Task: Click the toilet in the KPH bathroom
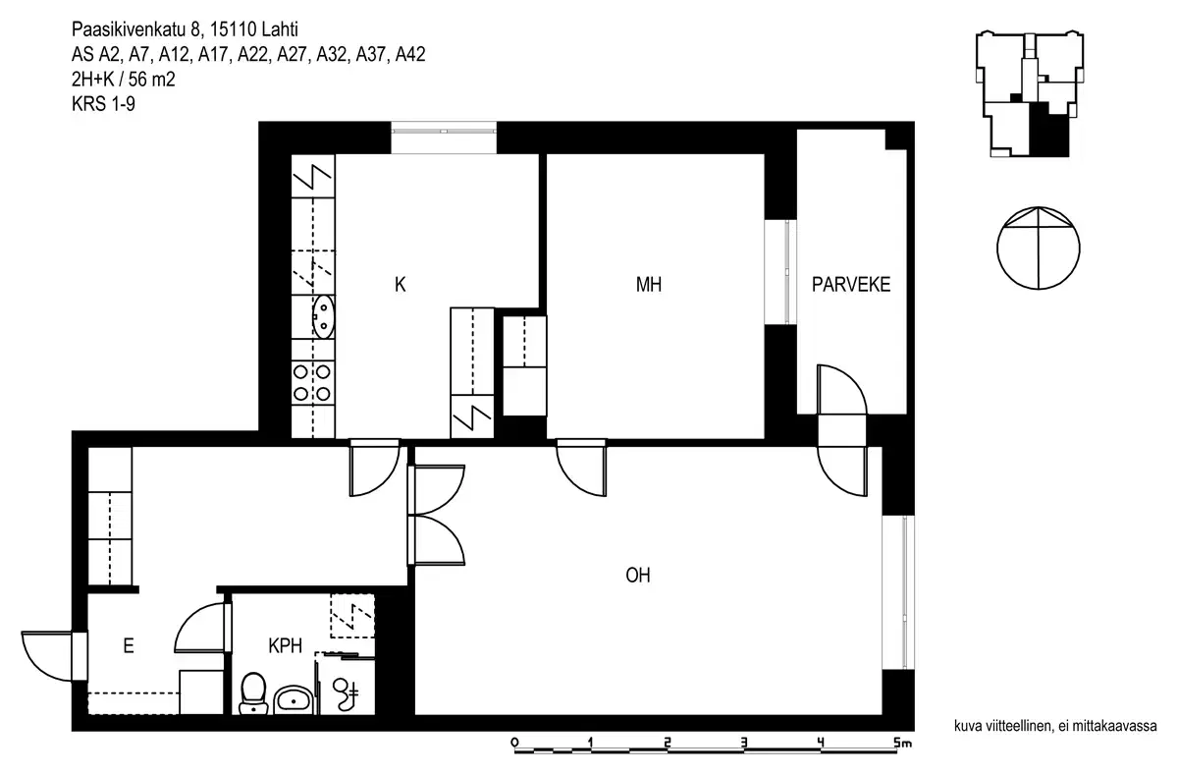[253, 691]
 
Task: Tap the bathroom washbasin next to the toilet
[293, 699]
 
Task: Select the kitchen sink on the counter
[323, 316]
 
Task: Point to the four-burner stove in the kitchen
[313, 382]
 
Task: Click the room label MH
[648, 286]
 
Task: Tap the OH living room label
[639, 576]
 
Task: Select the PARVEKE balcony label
[850, 286]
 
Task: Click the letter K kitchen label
[400, 286]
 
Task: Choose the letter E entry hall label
[128, 646]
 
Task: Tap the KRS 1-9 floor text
[103, 103]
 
